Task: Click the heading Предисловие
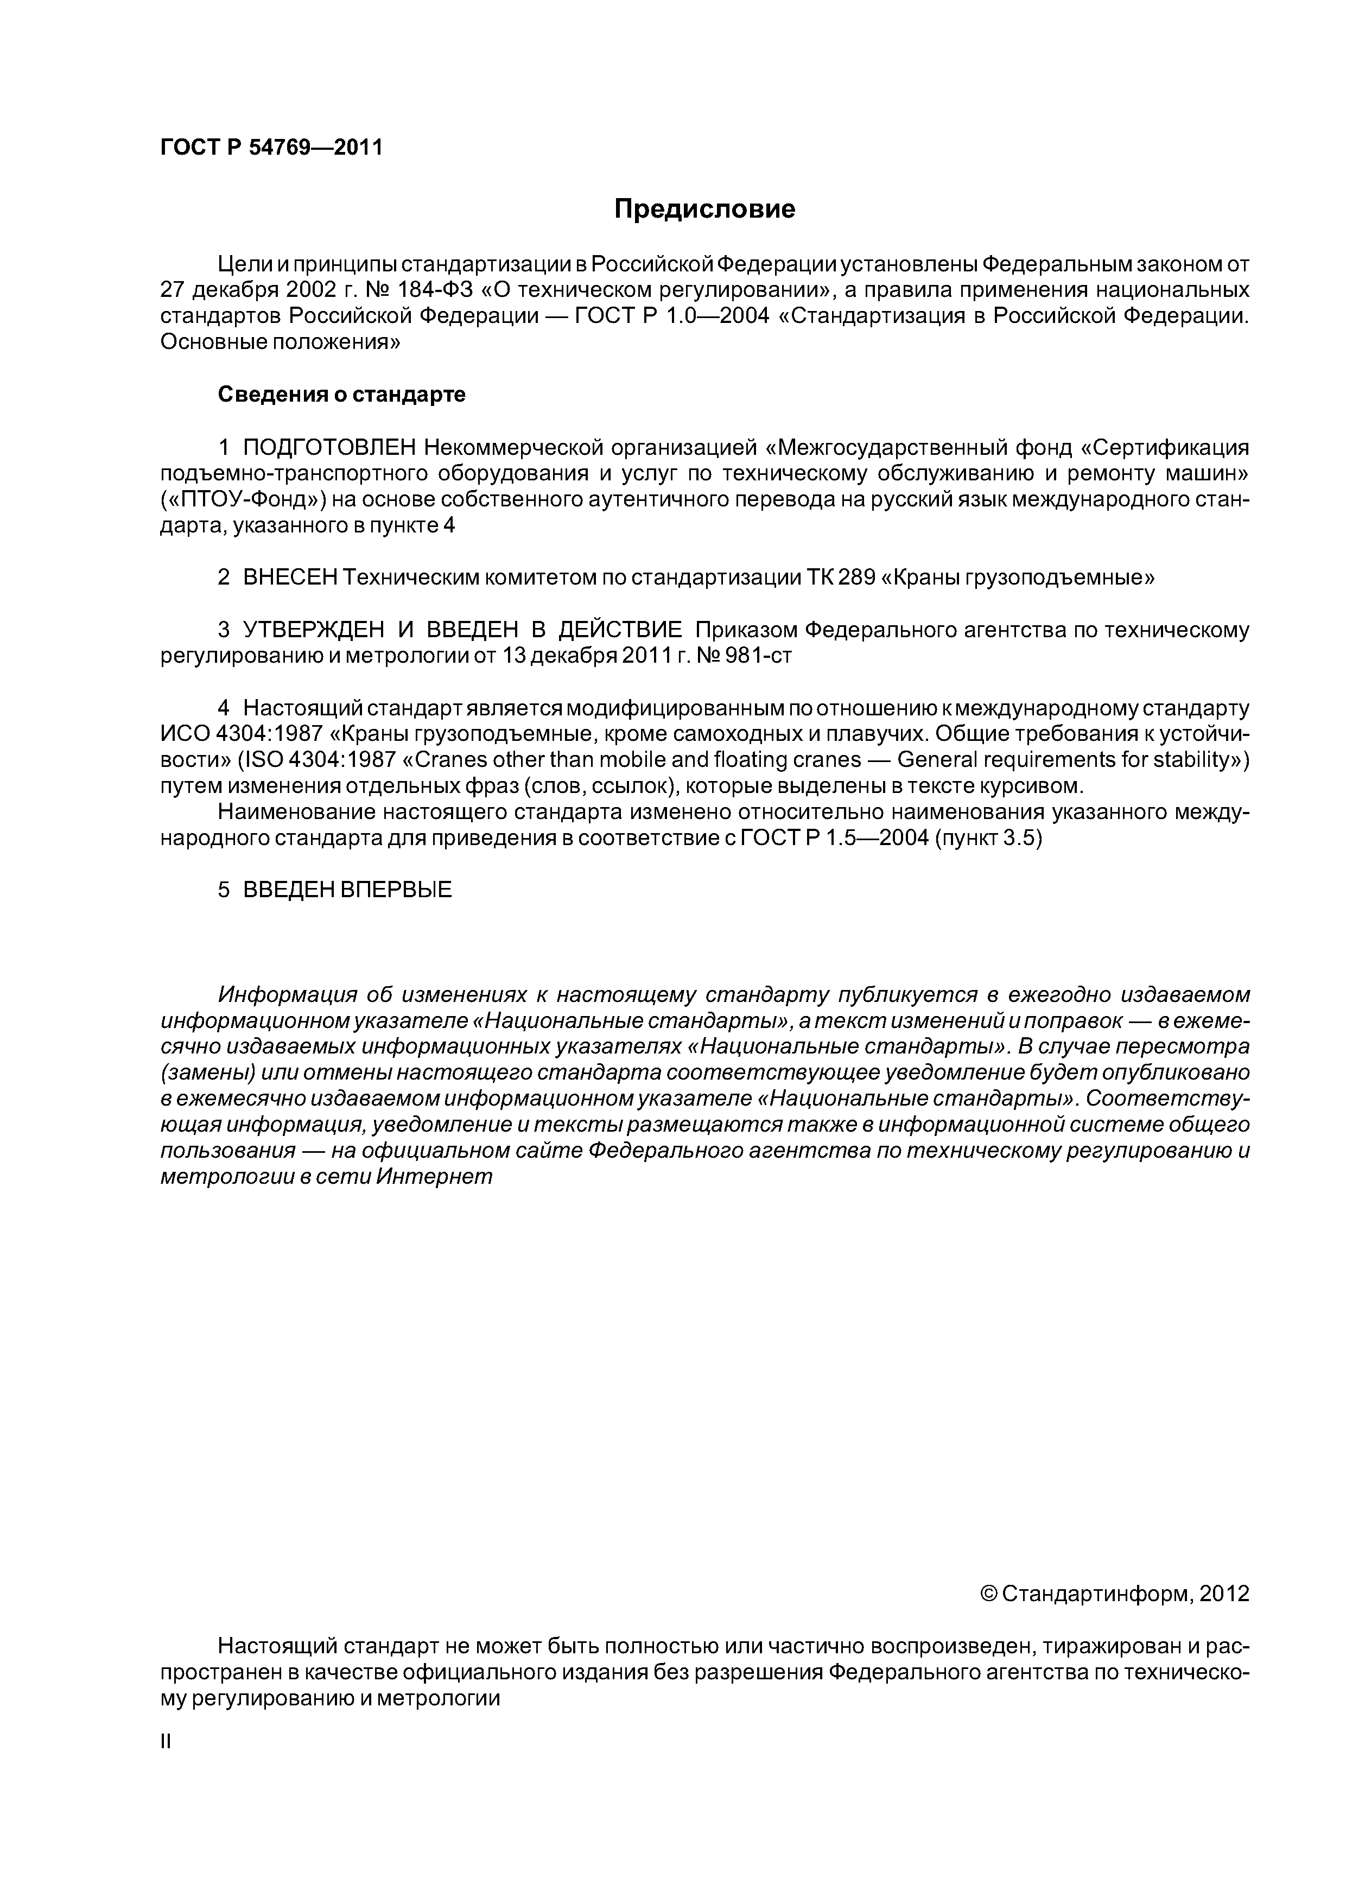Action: coord(704,210)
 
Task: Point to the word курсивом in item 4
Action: coord(1047,786)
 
